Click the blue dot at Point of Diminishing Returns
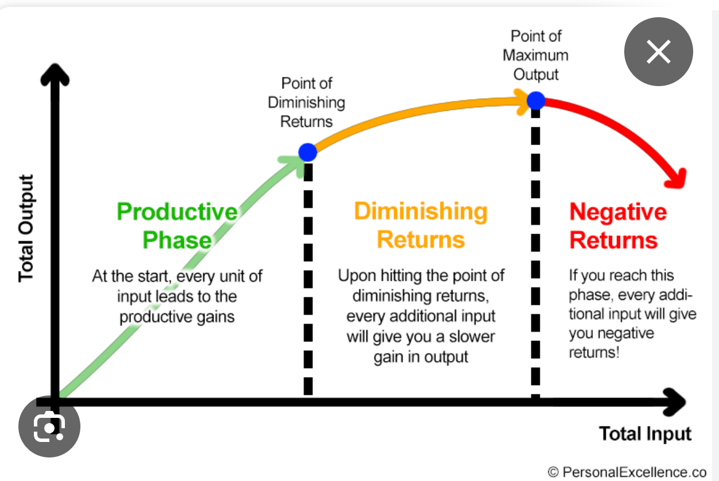308,152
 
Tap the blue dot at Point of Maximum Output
536,100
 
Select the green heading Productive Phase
177,226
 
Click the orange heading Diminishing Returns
421,225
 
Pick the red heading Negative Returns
617,226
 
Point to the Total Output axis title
26,228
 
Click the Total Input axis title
645,434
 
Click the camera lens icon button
49,426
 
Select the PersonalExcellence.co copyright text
627,472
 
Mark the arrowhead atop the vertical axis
55,75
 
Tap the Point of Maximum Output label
536,55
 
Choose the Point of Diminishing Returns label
307,103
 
